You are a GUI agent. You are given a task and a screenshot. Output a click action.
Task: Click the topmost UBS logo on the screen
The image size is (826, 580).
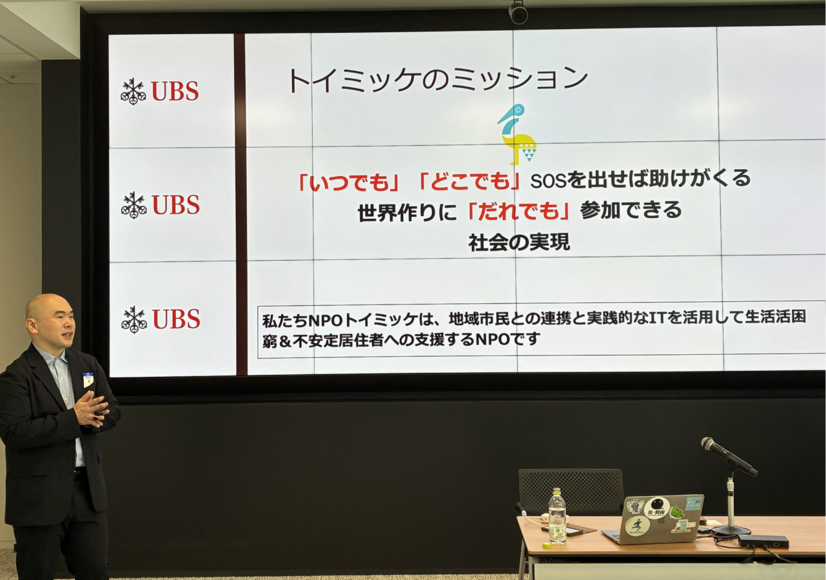tap(160, 91)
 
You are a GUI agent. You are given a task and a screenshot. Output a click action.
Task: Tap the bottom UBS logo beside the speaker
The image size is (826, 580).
tap(161, 319)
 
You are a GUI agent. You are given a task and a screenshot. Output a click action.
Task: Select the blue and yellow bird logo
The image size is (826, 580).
tap(517, 134)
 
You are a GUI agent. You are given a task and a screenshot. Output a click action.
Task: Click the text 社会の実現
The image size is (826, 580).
tap(519, 243)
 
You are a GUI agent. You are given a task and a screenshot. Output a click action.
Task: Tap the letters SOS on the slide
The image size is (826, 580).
tap(548, 180)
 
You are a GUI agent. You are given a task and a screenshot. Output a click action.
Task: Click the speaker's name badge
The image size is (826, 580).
tap(88, 379)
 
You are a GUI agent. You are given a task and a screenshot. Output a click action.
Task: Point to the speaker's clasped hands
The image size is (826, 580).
tap(91, 409)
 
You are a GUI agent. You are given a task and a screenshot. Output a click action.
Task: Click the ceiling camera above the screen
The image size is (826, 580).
tap(518, 12)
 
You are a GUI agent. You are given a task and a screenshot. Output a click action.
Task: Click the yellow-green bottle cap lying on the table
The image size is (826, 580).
tap(547, 545)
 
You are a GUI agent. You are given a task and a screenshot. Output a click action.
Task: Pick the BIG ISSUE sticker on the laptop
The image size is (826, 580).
tap(693, 504)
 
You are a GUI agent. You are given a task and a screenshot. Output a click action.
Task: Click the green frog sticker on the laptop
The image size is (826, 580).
tap(676, 513)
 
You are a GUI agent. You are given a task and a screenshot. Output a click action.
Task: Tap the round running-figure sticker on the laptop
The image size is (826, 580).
tap(637, 526)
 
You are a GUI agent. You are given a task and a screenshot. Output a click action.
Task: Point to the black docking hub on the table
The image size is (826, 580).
tap(763, 541)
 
